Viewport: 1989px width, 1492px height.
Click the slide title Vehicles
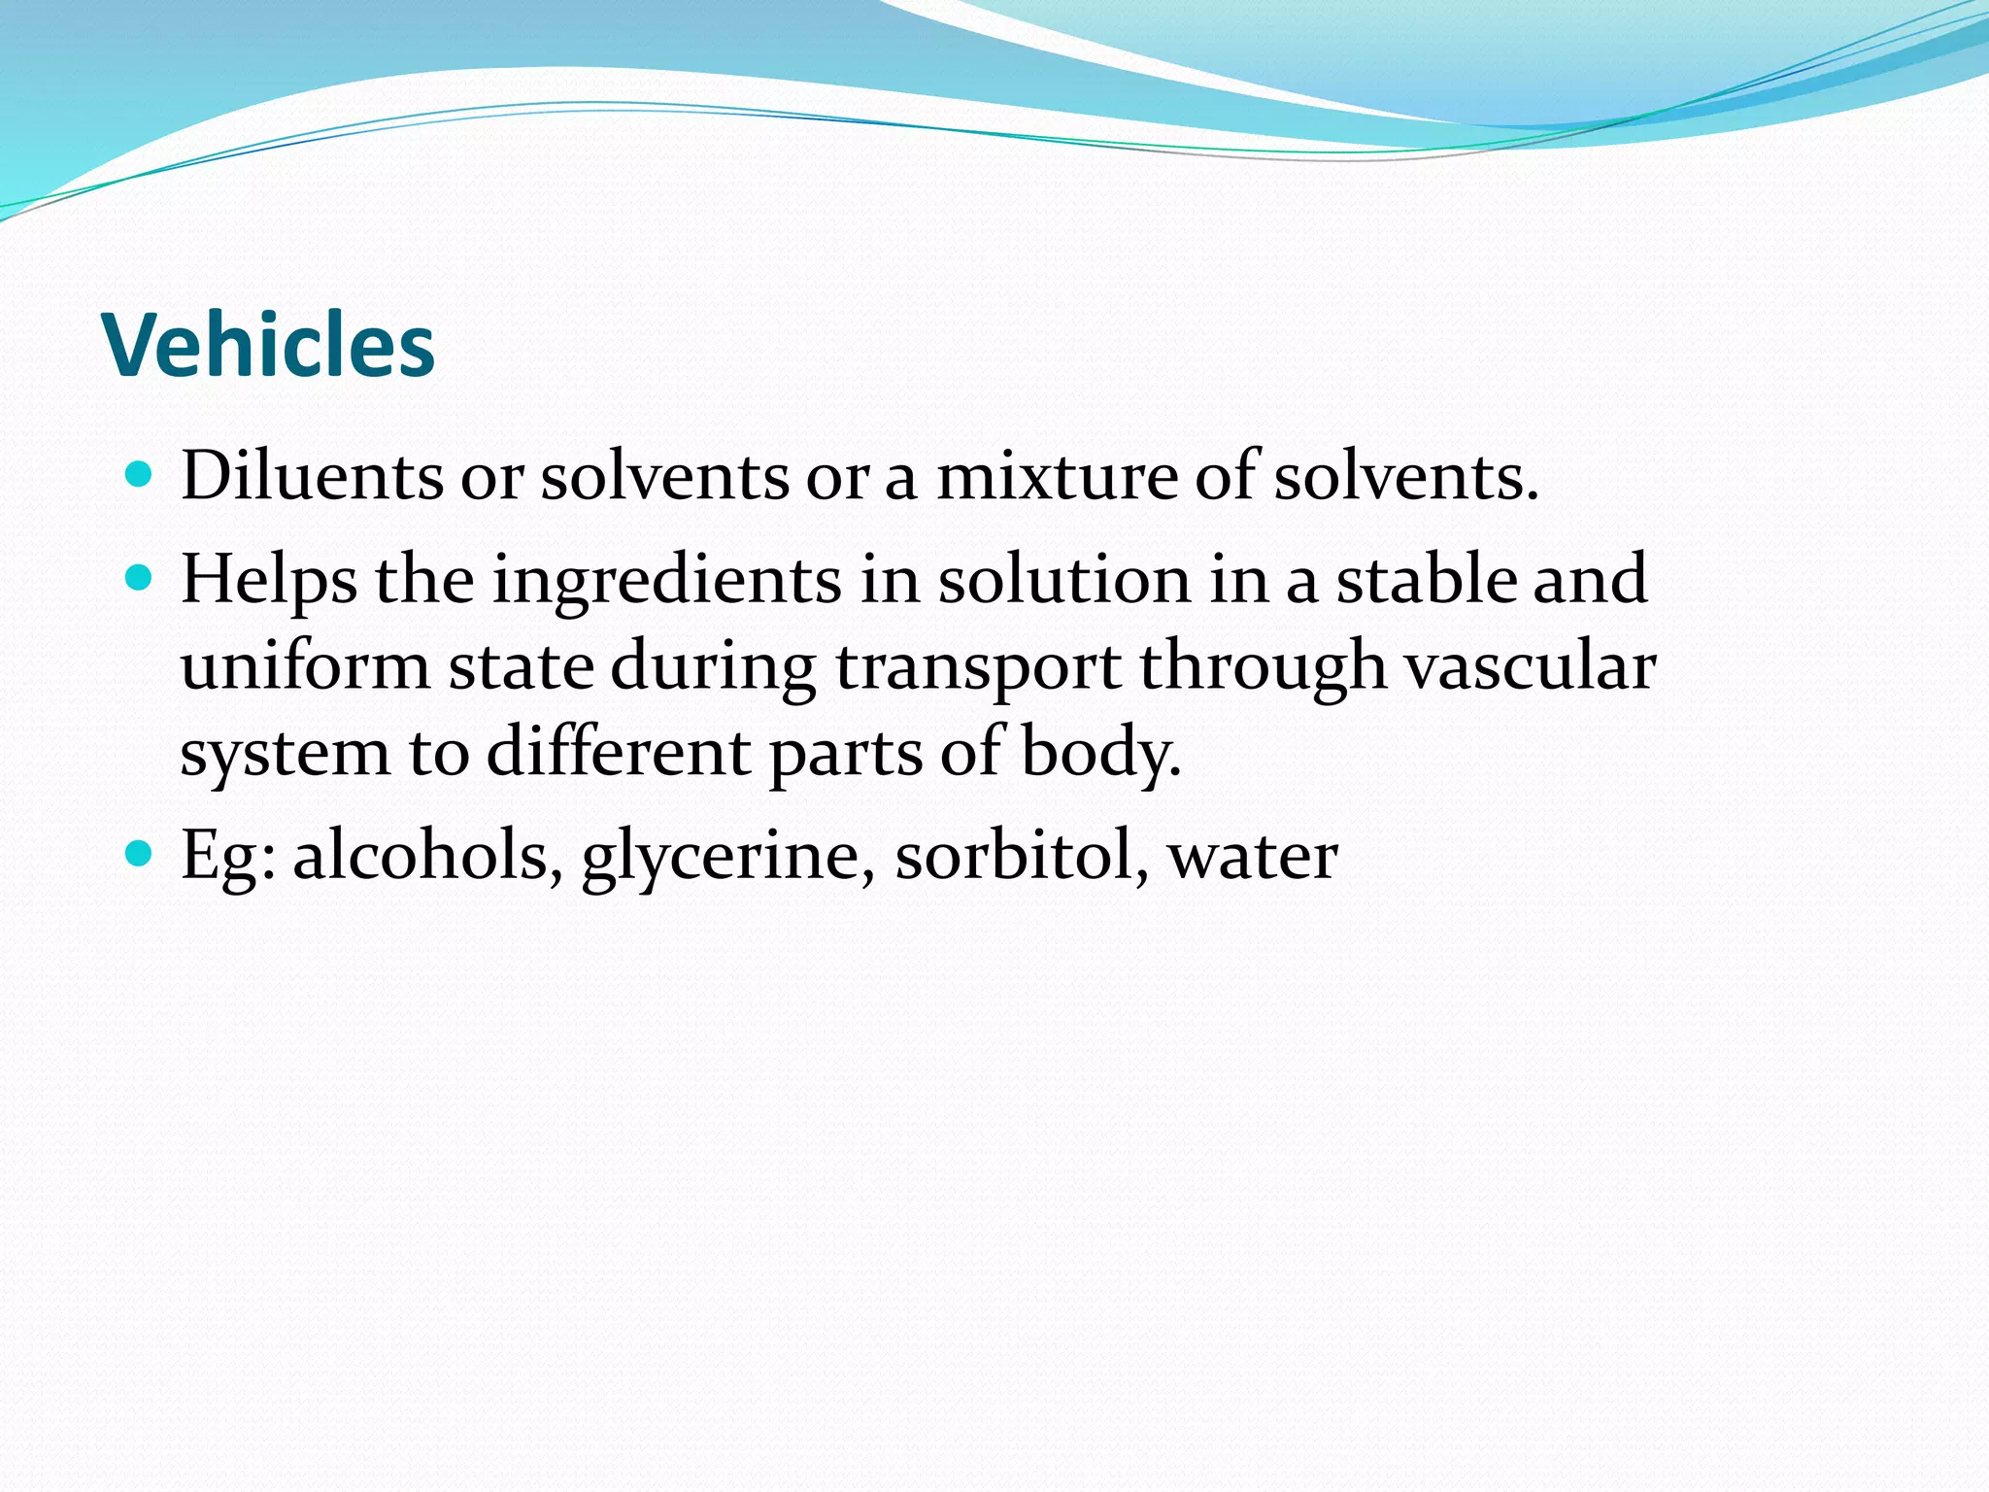pyautogui.click(x=268, y=346)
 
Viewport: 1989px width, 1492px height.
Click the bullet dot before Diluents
pyautogui.click(x=140, y=475)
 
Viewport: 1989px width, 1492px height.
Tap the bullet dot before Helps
pyautogui.click(x=140, y=579)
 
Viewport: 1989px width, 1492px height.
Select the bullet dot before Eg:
pyautogui.click(x=140, y=854)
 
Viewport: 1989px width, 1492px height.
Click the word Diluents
pyautogui.click(x=312, y=477)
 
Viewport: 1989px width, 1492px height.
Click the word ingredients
pyautogui.click(x=667, y=580)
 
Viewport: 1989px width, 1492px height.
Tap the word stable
pyautogui.click(x=1425, y=580)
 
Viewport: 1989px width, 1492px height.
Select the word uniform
pyautogui.click(x=305, y=667)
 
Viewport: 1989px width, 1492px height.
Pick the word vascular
pyautogui.click(x=1531, y=667)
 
